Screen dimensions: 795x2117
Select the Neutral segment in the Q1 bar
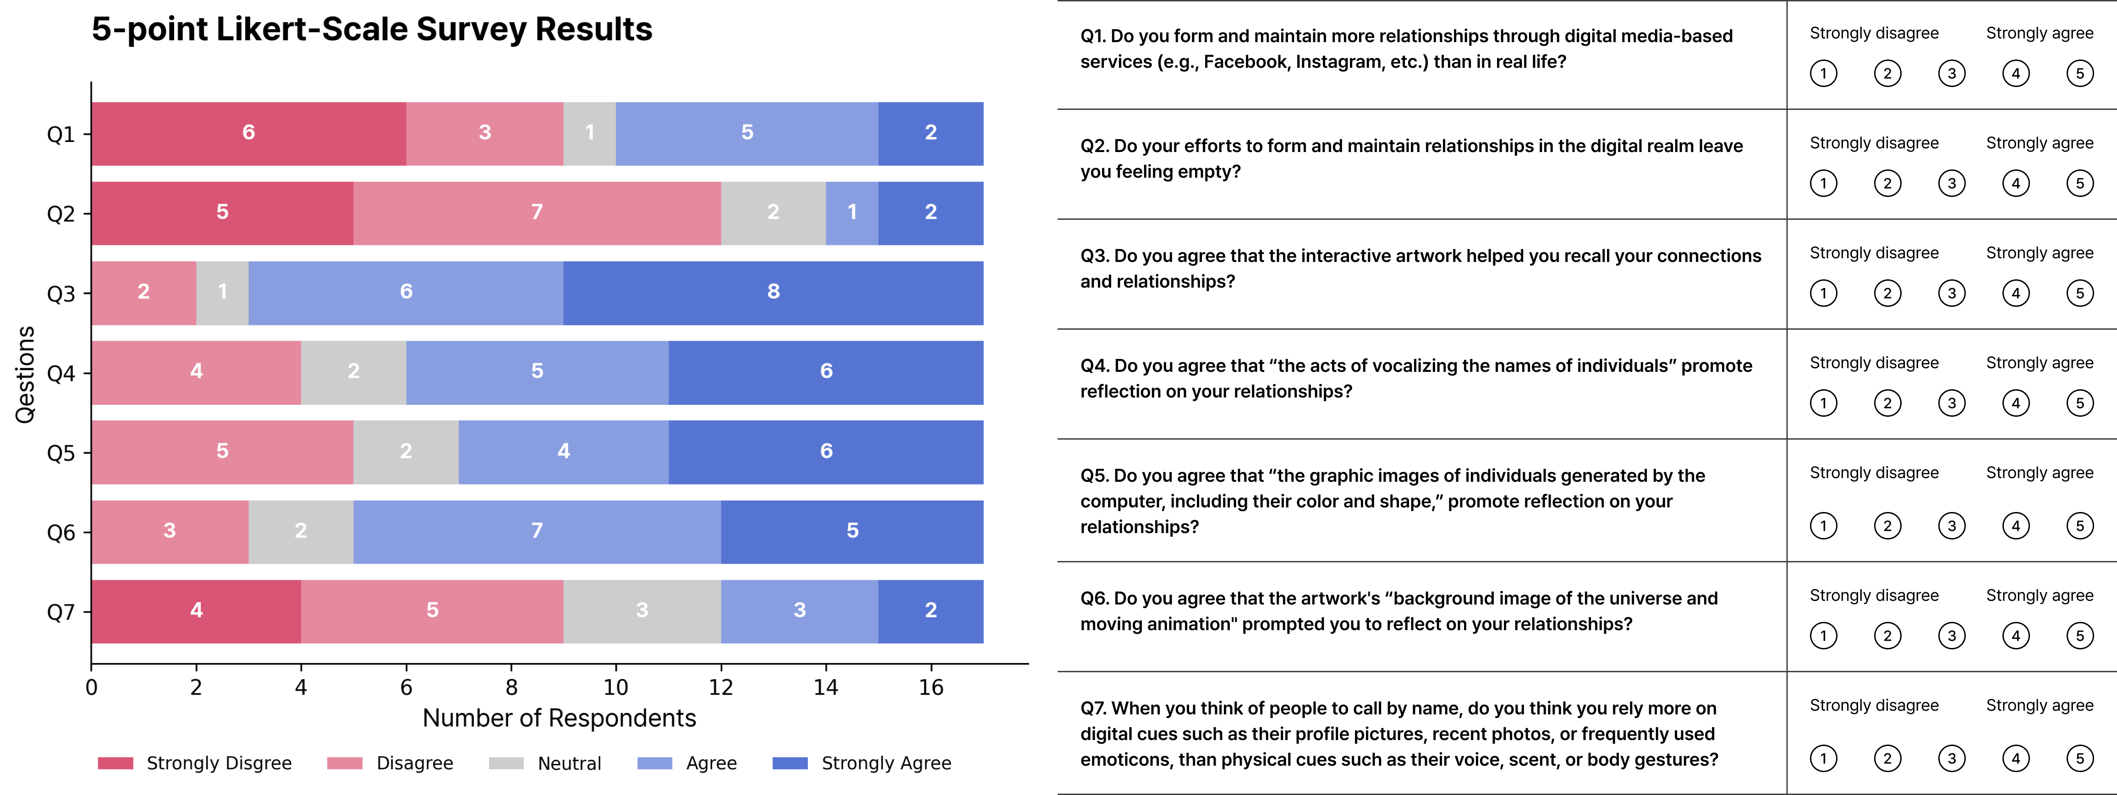point(589,133)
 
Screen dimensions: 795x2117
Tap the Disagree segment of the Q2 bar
point(537,212)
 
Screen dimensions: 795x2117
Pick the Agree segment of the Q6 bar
point(537,531)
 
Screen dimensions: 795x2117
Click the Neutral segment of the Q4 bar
point(353,372)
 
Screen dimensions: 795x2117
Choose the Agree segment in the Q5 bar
point(563,452)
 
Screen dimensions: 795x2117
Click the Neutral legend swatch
point(506,763)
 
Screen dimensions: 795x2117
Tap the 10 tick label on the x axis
point(615,687)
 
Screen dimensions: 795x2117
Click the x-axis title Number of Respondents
point(559,719)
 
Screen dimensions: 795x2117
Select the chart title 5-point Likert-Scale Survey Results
point(372,30)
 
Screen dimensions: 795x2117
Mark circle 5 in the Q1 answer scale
point(2079,74)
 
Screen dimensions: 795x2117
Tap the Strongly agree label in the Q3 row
point(2039,253)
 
